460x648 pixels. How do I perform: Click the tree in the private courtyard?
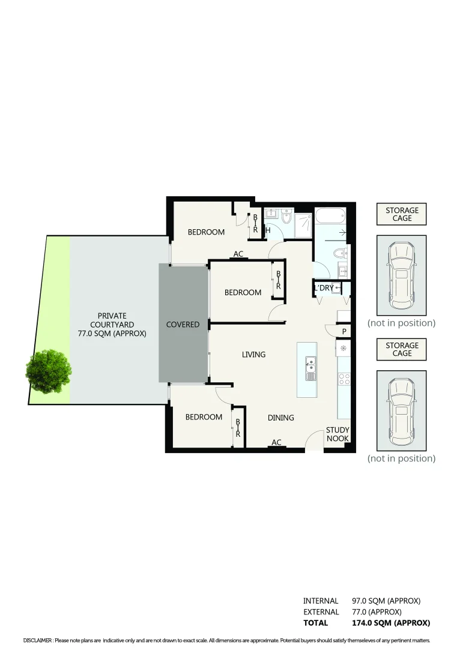coord(49,371)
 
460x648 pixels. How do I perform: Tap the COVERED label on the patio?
coord(183,325)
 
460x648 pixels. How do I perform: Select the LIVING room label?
coord(253,355)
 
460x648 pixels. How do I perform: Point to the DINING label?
coord(280,418)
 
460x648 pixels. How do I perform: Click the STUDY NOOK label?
coord(337,434)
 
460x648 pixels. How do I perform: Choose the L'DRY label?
coord(324,289)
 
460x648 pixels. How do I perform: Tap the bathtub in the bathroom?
coord(330,215)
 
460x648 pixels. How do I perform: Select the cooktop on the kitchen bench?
coord(345,379)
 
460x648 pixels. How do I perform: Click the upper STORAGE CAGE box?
coord(402,214)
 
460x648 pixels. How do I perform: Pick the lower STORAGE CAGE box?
coord(402,349)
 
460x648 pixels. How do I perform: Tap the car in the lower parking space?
coord(401,411)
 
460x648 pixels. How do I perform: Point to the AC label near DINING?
coord(276,443)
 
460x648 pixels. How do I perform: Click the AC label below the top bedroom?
coord(238,254)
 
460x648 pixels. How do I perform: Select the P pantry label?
coord(344,331)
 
